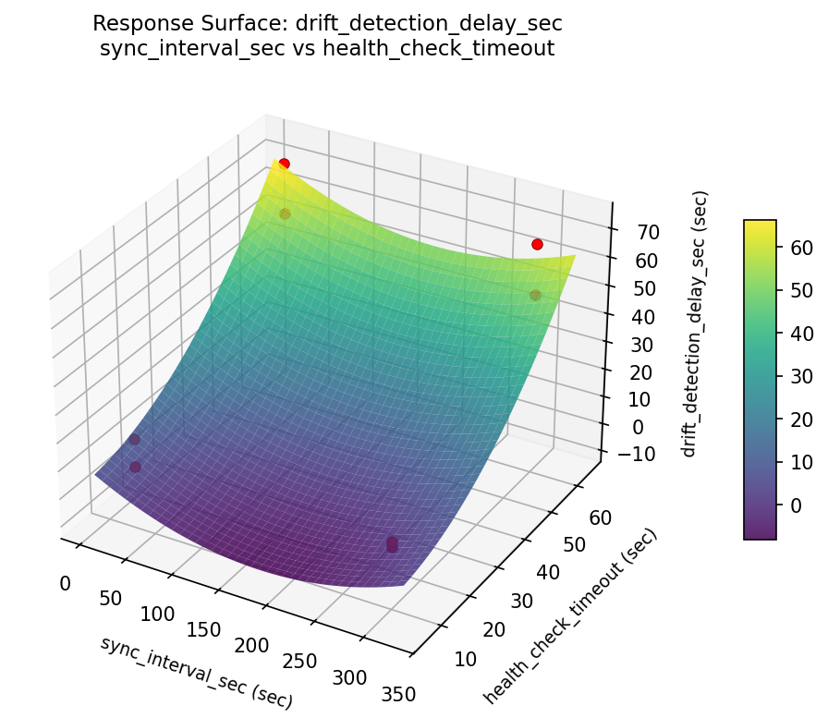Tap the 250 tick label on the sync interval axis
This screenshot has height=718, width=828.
tap(299, 661)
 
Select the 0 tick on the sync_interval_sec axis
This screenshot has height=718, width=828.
tap(65, 583)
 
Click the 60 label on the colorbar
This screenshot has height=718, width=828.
tap(802, 247)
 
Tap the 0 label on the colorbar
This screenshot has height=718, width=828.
tap(797, 505)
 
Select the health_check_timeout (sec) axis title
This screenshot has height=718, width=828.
tap(569, 615)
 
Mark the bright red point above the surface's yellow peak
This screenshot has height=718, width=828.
tap(284, 164)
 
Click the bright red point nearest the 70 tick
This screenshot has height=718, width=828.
tap(537, 244)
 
